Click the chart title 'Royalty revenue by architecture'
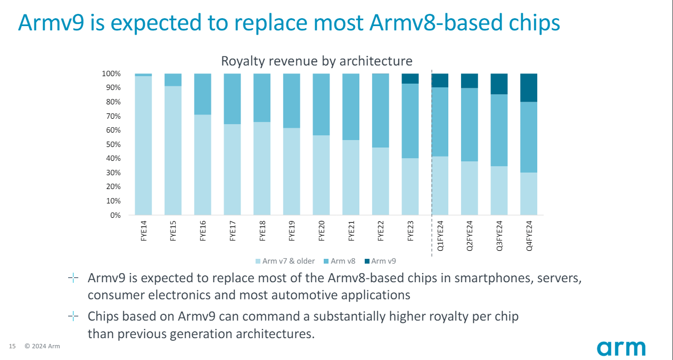[x=316, y=61]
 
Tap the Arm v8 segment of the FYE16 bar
[x=203, y=94]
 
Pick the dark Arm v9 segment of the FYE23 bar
[x=410, y=78]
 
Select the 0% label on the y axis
[x=115, y=215]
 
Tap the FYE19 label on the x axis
[x=292, y=232]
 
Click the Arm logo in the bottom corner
[x=621, y=348]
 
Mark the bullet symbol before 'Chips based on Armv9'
[x=73, y=316]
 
